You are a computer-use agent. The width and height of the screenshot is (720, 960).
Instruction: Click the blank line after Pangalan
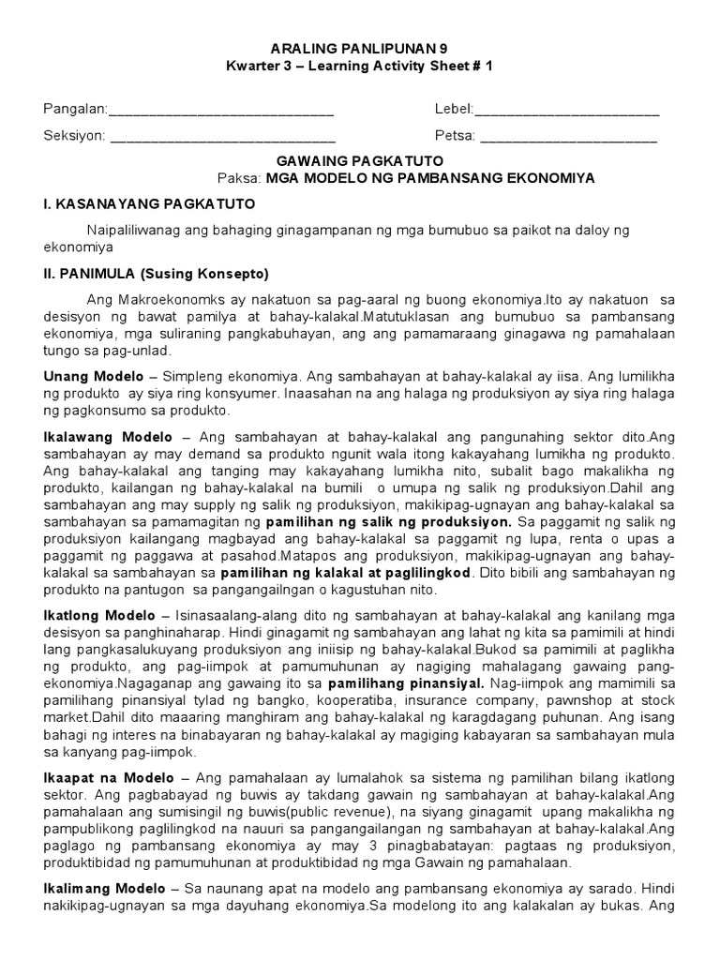[x=221, y=110]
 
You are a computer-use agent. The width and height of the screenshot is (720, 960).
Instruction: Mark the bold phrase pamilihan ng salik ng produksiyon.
[x=389, y=519]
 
